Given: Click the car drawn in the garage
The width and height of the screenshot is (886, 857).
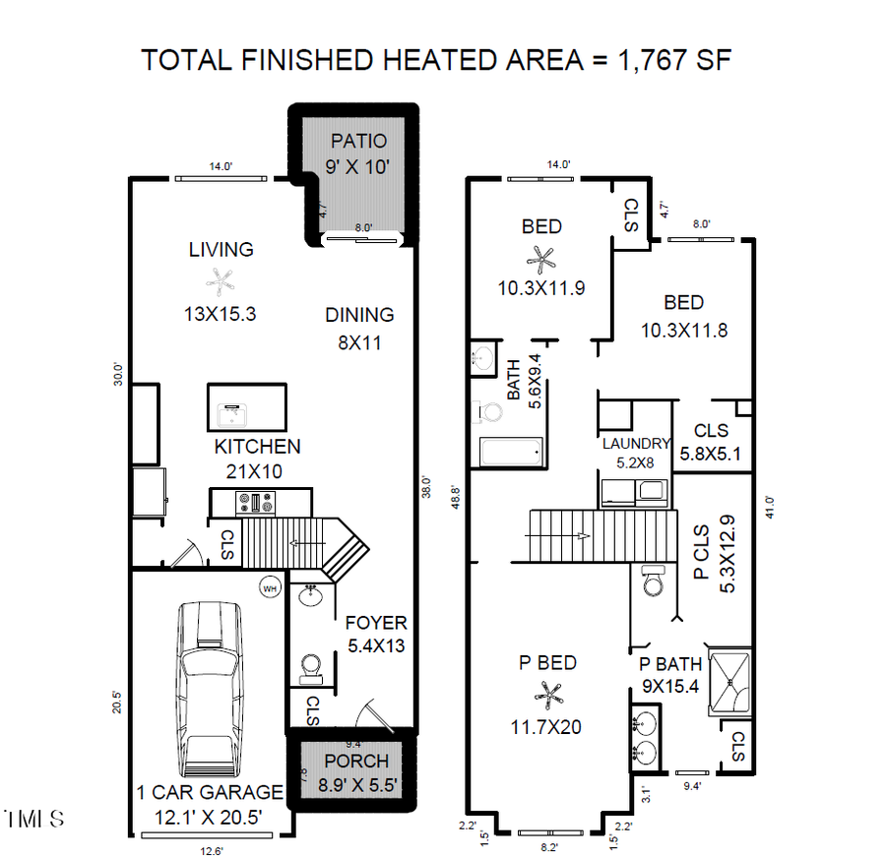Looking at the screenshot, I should pyautogui.click(x=209, y=694).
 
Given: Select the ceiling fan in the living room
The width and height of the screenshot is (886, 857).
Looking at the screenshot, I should pyautogui.click(x=221, y=282).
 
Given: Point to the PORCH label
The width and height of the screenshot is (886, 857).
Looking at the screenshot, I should pyautogui.click(x=356, y=762).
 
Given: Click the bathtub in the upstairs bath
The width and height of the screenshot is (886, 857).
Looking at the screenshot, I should pyautogui.click(x=510, y=453).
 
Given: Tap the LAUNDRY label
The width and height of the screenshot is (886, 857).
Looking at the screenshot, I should pyautogui.click(x=637, y=444).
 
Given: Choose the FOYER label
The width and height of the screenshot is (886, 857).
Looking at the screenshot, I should pyautogui.click(x=375, y=623).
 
